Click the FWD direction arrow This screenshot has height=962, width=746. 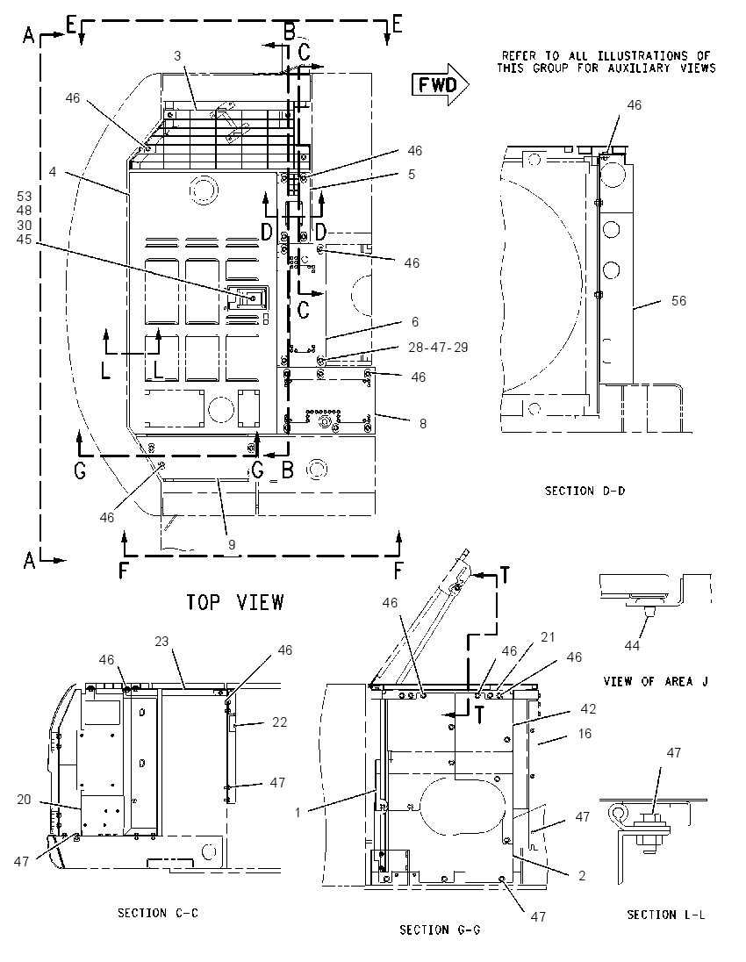[x=440, y=84]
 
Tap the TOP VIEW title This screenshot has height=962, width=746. [x=235, y=602]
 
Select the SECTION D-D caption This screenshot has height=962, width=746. [x=585, y=491]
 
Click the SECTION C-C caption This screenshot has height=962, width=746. [x=158, y=913]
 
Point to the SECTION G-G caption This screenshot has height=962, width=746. [x=440, y=930]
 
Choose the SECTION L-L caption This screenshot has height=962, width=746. [x=665, y=915]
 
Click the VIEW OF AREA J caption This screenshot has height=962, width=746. [x=656, y=681]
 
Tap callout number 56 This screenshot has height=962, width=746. [x=678, y=300]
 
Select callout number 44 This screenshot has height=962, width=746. [x=632, y=645]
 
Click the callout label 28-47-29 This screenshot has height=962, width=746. [x=438, y=348]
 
